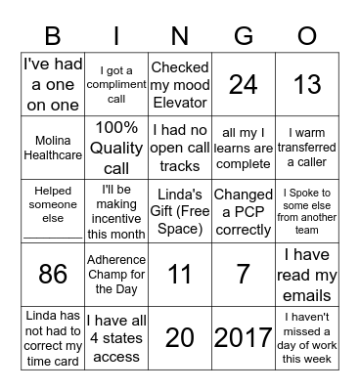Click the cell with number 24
(x=243, y=84)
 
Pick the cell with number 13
(x=306, y=84)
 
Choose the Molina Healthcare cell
(x=53, y=148)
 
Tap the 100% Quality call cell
(x=116, y=148)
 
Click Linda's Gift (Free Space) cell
(x=179, y=211)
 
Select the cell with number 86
(x=53, y=275)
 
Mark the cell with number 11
(x=179, y=275)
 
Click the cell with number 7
(x=243, y=275)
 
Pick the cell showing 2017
(x=243, y=338)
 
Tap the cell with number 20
(x=179, y=338)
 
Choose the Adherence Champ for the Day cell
(x=116, y=275)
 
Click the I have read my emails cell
(x=306, y=275)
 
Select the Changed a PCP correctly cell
(x=243, y=211)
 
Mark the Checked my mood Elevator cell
(x=179, y=84)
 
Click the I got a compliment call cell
(x=116, y=84)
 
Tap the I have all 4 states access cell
(x=116, y=338)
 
